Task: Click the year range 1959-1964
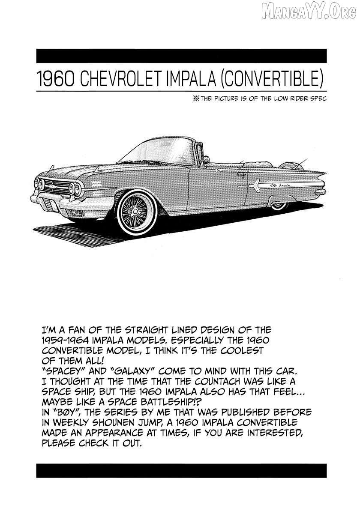click(x=67, y=341)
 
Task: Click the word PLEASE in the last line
click(x=60, y=443)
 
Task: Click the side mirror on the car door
click(x=206, y=159)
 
